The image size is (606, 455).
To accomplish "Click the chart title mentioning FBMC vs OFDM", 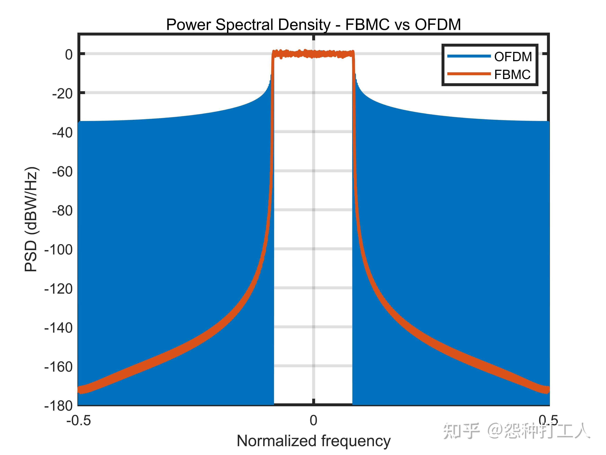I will pos(313,25).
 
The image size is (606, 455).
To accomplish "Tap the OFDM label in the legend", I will pos(513,57).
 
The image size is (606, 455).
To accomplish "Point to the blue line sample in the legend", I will pos(469,56).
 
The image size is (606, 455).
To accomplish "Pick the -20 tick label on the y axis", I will pos(63,94).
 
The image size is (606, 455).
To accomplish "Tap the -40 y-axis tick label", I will pos(63,133).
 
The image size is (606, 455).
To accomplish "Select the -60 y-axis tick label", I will pos(63,172).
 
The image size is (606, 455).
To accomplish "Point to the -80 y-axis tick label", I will pos(63,211).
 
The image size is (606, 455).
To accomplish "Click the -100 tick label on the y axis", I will pos(59,250).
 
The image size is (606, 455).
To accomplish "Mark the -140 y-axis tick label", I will pos(59,328).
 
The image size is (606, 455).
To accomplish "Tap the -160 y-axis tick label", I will pos(59,367).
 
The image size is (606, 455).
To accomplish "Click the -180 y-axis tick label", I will pos(59,406).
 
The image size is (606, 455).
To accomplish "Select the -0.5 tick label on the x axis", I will pos(79,421).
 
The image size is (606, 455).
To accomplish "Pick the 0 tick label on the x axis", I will pos(313,421).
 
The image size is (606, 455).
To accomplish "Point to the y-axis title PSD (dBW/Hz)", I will pos(31,219).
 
